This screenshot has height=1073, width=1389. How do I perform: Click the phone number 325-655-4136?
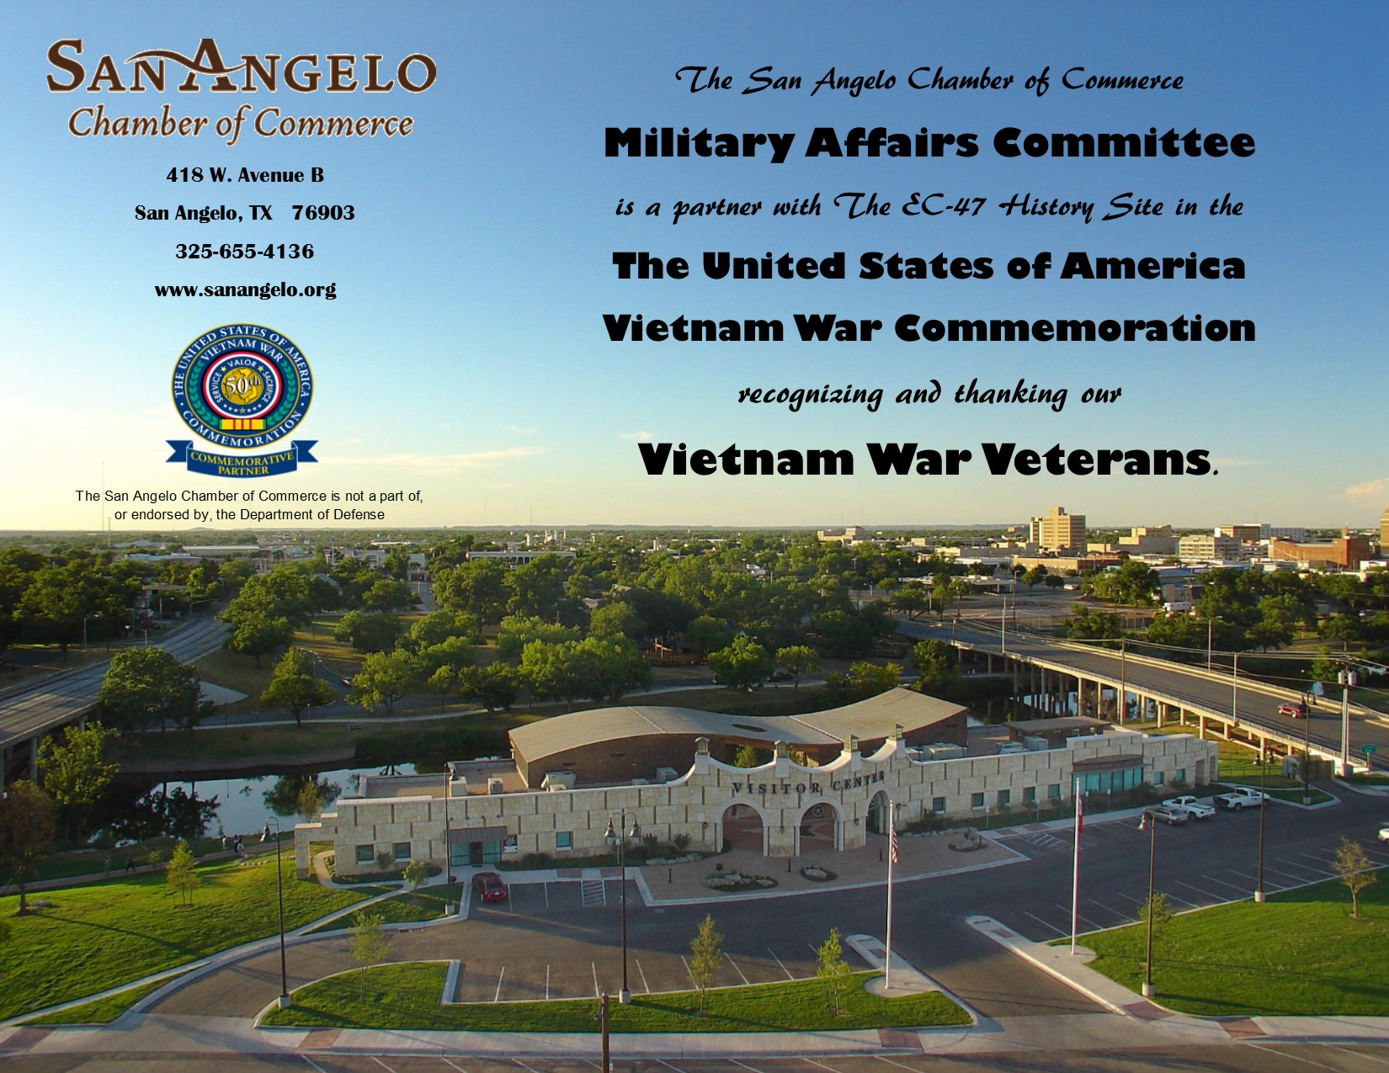click(245, 251)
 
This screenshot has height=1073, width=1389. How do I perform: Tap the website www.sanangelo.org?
click(246, 290)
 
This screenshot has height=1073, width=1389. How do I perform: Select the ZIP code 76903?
click(323, 213)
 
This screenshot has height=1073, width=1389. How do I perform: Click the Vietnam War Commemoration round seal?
click(242, 387)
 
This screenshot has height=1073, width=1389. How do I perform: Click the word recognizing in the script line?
click(810, 395)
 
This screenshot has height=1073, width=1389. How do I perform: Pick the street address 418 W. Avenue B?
click(246, 175)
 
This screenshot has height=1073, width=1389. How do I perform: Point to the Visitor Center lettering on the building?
click(808, 782)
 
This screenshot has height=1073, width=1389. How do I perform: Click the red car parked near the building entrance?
click(490, 887)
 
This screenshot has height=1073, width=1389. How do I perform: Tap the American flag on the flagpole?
click(894, 841)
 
